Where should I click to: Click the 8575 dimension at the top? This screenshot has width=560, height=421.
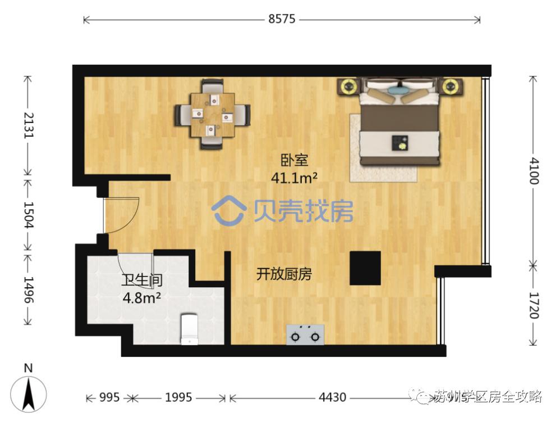[282, 20]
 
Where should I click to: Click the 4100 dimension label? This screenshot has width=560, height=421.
[533, 171]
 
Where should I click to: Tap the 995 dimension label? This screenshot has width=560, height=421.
[109, 398]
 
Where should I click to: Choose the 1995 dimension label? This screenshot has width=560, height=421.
[178, 398]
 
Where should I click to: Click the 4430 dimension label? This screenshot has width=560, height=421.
[332, 398]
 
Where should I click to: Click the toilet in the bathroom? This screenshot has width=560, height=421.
[190, 329]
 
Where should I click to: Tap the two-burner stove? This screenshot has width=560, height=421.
[306, 335]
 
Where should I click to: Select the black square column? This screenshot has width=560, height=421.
[365, 268]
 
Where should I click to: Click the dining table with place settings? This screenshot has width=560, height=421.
[212, 115]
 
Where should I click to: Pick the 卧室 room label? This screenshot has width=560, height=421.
[294, 161]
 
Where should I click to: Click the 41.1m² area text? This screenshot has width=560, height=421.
[294, 178]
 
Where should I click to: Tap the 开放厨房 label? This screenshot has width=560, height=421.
[284, 274]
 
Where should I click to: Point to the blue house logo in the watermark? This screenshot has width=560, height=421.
[229, 210]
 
